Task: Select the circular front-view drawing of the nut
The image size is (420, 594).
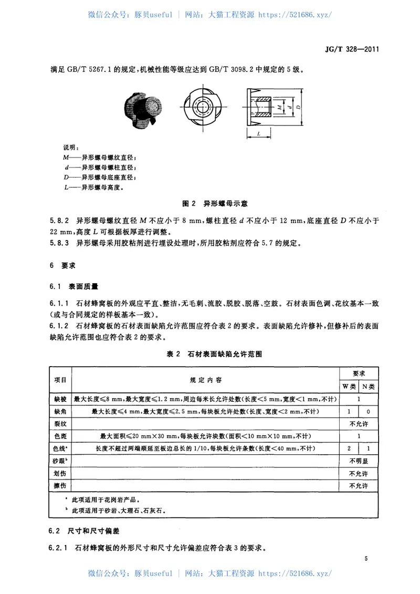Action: pos(203,106)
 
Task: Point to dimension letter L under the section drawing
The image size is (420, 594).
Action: pos(260,134)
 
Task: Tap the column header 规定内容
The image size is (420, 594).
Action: pos(205,379)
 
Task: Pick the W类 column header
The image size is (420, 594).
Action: pos(349,386)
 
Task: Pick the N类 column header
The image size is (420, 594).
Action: pos(369,386)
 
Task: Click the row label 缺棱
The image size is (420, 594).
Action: pos(61,399)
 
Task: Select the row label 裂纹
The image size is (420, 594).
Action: pos(61,423)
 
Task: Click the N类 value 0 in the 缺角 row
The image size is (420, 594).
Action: pos(369,411)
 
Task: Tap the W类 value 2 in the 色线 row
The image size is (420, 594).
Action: pos(349,448)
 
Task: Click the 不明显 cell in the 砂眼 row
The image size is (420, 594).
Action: pos(359,461)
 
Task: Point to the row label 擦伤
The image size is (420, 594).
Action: pos(61,486)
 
